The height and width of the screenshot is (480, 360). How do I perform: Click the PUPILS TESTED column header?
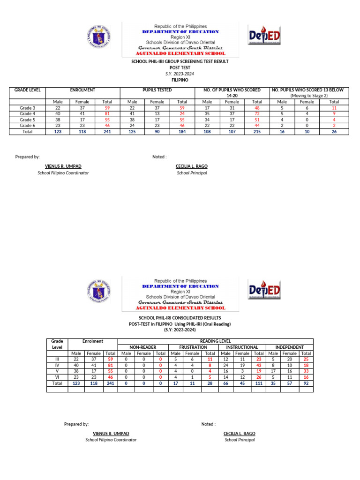157,90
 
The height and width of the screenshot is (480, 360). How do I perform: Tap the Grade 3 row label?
28,108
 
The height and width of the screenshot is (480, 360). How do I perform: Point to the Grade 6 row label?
28,126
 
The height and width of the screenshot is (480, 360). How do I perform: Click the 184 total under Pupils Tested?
182,132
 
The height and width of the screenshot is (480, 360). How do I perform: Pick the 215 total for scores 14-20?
257,132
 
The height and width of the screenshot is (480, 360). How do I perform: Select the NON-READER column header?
143,347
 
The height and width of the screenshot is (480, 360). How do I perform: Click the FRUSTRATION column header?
193,347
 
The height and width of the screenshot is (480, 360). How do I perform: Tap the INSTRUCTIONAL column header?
242,347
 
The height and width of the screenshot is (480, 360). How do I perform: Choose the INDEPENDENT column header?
289,347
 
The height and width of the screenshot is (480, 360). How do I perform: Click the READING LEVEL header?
215,341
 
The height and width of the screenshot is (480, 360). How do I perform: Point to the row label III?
57,359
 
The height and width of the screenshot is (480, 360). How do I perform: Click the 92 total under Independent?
306,383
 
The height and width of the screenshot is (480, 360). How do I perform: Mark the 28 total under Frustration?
210,383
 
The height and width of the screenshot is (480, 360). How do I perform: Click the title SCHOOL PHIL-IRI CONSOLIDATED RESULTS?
180,318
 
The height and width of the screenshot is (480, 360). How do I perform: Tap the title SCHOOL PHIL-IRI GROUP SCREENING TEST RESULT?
180,61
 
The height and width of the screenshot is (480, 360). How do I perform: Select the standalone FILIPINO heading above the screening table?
180,80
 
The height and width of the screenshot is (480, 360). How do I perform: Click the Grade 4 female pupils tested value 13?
157,114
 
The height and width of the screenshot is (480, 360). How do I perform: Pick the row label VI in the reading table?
57,377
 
